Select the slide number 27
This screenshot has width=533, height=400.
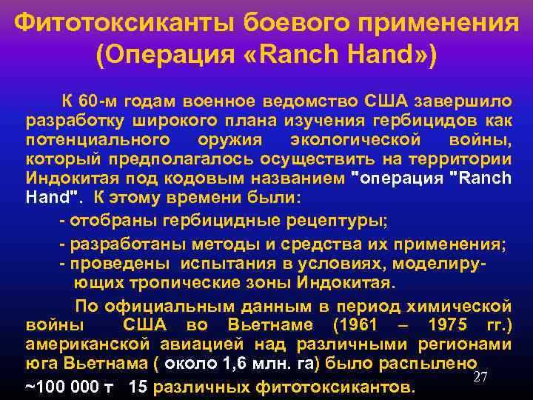tap(480, 378)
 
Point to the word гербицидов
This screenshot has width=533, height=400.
tap(433, 120)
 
